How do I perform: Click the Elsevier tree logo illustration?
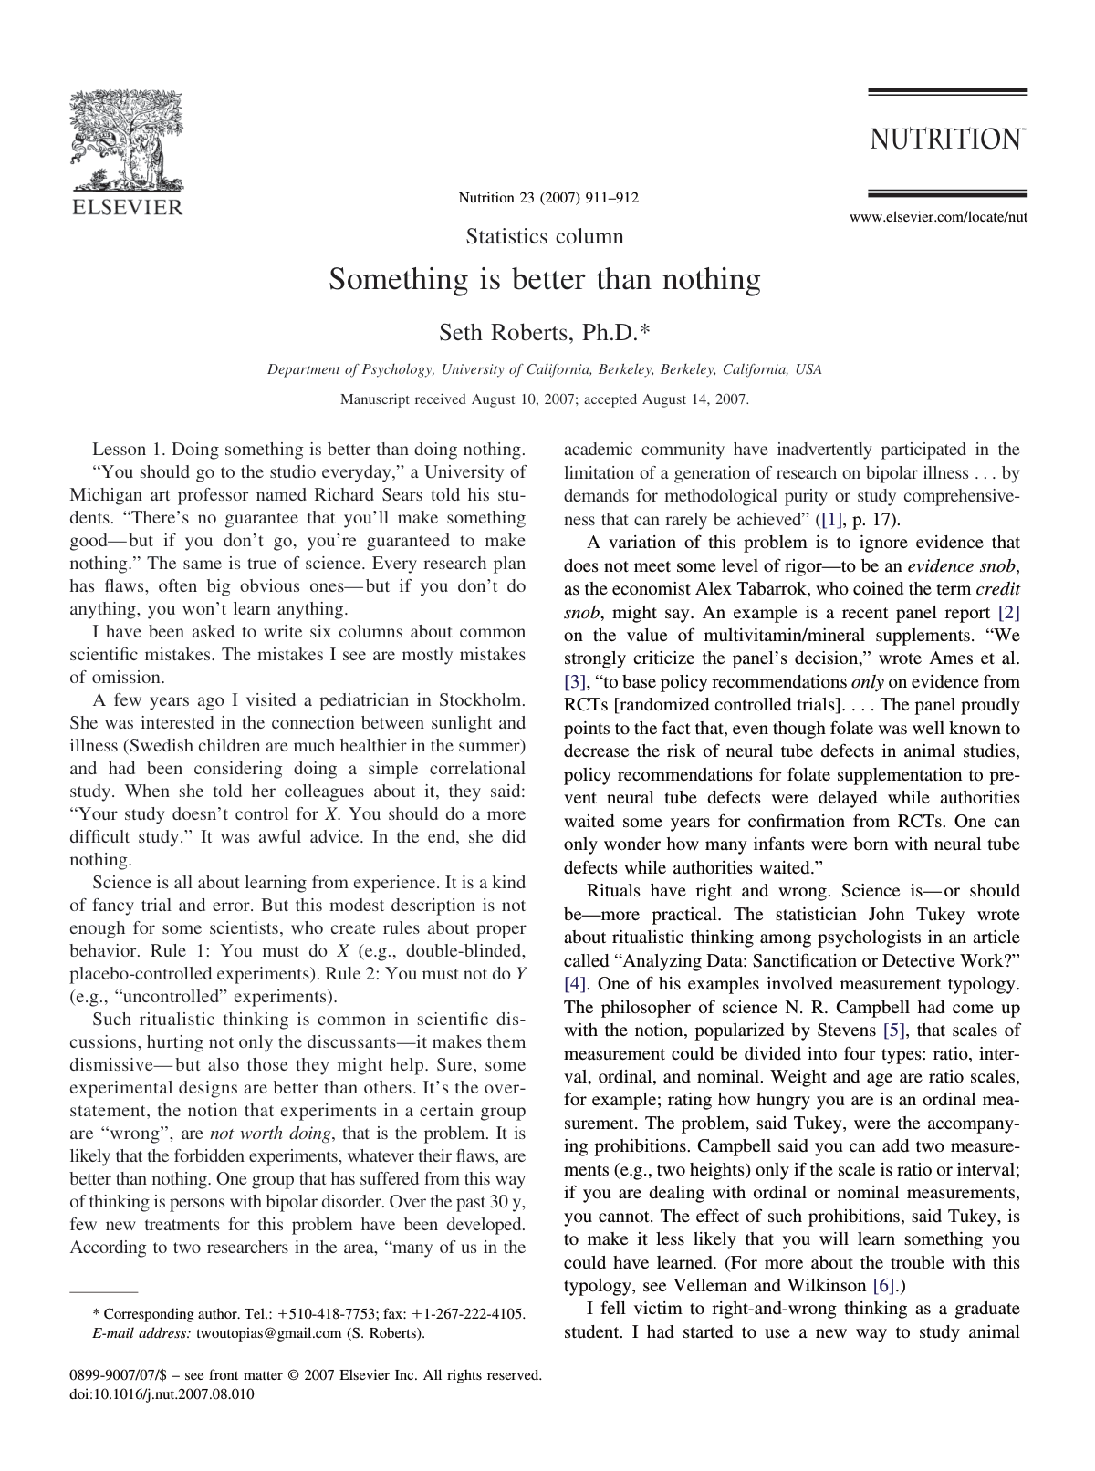[127, 141]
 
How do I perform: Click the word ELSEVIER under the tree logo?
[127, 207]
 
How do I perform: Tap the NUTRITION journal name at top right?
[945, 140]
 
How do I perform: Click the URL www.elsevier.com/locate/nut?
[938, 217]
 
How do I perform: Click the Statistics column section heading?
[545, 237]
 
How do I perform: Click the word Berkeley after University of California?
[624, 369]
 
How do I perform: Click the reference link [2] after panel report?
[1009, 613]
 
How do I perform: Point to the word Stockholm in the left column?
[482, 700]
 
